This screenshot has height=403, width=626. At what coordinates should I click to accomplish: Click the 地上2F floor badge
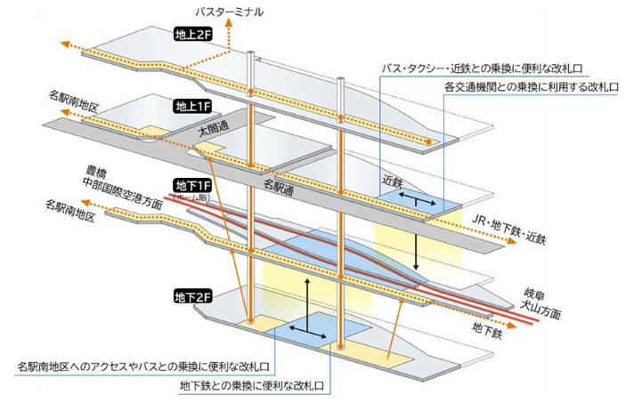pos(191,36)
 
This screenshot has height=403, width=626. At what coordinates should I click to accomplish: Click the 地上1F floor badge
pos(191,106)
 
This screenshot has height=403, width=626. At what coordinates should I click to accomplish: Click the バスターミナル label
pos(233,11)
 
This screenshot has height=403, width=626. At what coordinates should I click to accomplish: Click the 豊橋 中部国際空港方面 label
pos(117,178)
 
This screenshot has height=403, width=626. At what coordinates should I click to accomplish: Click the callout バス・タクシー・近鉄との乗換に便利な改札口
pos(494,68)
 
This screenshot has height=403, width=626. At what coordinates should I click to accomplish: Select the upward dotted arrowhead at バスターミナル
pos(231,27)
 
